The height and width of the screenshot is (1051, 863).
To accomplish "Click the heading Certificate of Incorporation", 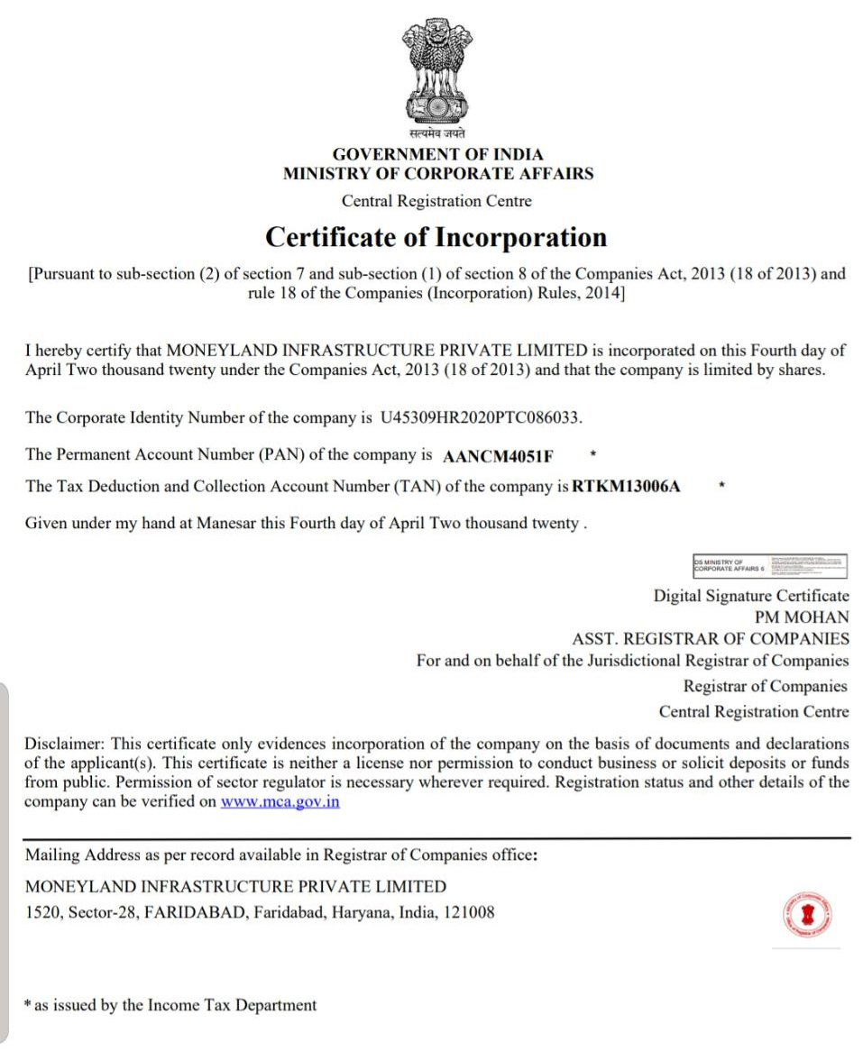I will [x=436, y=237].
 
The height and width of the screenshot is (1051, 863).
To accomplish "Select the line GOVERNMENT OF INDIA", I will [x=437, y=154].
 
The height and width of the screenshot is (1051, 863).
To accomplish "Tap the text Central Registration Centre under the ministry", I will [x=436, y=201].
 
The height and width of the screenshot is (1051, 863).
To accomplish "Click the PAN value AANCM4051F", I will [x=499, y=454].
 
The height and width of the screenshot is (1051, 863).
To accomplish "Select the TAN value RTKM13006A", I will [x=627, y=487].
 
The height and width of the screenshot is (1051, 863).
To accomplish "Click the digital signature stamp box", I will [x=771, y=566].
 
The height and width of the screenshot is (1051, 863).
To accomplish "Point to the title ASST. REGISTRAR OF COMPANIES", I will [x=711, y=639].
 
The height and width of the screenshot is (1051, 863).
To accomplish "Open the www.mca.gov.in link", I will [x=280, y=802].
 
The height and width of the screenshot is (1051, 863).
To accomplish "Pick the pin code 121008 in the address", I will [x=469, y=912].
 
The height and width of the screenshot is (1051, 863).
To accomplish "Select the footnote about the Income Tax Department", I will [x=171, y=1005].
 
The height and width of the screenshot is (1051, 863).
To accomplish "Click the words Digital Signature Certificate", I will [x=751, y=596].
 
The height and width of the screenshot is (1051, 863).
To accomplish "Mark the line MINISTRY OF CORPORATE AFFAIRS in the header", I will [x=437, y=174].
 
